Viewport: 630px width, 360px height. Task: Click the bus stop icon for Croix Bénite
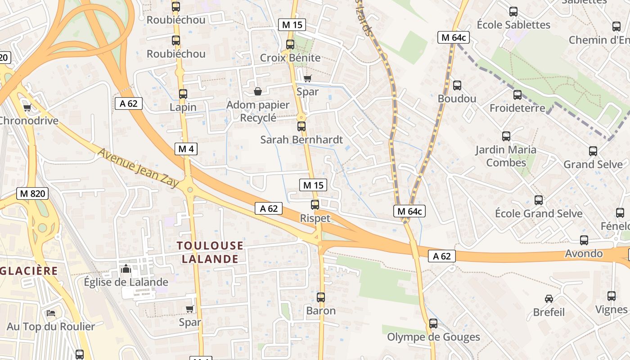pyautogui.click(x=290, y=45)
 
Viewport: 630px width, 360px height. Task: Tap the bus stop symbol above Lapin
pyautogui.click(x=183, y=94)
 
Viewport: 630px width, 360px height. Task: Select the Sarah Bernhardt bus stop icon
pyautogui.click(x=301, y=126)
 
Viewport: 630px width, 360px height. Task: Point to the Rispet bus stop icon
pyautogui.click(x=315, y=205)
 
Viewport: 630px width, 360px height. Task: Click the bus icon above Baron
pyautogui.click(x=321, y=297)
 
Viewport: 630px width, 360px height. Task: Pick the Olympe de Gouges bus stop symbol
pyautogui.click(x=433, y=324)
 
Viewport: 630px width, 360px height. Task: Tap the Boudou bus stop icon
pyautogui.click(x=457, y=85)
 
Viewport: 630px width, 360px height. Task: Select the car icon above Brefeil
pyautogui.click(x=549, y=299)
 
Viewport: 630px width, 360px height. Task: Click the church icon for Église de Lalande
pyautogui.click(x=126, y=269)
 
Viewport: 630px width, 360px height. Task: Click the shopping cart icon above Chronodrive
pyautogui.click(x=27, y=108)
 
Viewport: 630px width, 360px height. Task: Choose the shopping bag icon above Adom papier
pyautogui.click(x=258, y=92)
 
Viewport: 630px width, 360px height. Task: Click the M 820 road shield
pyautogui.click(x=32, y=193)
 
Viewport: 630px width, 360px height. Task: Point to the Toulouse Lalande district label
pyautogui.click(x=210, y=252)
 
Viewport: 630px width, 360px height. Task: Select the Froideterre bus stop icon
pyautogui.click(x=517, y=95)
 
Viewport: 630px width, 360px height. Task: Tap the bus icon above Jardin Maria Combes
pyautogui.click(x=506, y=136)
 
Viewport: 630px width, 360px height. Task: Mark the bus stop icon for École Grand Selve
pyautogui.click(x=539, y=200)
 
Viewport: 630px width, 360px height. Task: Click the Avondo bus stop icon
pyautogui.click(x=584, y=240)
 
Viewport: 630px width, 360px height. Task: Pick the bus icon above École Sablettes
pyautogui.click(x=513, y=12)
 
